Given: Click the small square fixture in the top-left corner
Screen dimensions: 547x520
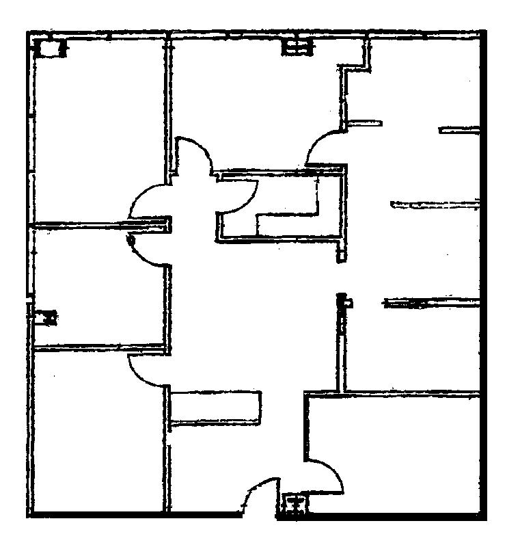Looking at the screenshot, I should pyautogui.click(x=49, y=49).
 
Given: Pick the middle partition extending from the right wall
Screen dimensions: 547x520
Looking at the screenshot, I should pyautogui.click(x=433, y=204).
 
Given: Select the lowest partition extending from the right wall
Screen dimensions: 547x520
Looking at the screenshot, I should pyautogui.click(x=430, y=302).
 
